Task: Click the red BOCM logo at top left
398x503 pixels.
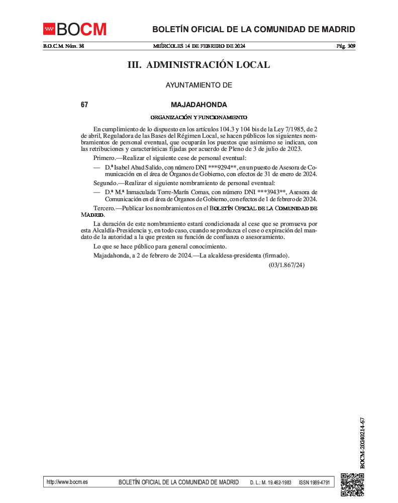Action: (x=74, y=30)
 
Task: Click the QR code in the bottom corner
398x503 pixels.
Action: (x=352, y=484)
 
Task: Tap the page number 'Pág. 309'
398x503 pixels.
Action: (x=346, y=46)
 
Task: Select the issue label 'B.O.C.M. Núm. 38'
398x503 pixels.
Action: (x=63, y=46)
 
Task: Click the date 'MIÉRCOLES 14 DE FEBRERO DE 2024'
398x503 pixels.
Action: (x=199, y=46)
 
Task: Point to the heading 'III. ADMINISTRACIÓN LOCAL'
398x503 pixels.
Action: (x=198, y=65)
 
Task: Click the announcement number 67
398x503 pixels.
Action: (x=84, y=105)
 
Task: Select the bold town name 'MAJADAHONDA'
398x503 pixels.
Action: (x=198, y=105)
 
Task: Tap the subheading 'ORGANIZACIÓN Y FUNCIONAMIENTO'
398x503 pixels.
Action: (x=198, y=117)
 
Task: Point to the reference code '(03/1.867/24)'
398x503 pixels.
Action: (x=286, y=265)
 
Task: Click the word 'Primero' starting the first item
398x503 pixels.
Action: (x=104, y=158)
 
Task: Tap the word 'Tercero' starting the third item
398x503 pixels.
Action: (x=104, y=208)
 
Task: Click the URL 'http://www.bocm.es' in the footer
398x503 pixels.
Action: (x=67, y=482)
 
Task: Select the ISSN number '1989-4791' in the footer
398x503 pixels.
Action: (x=320, y=482)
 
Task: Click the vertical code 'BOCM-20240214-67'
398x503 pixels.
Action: (x=362, y=443)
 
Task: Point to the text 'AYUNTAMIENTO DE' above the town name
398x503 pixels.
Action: (x=198, y=86)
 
